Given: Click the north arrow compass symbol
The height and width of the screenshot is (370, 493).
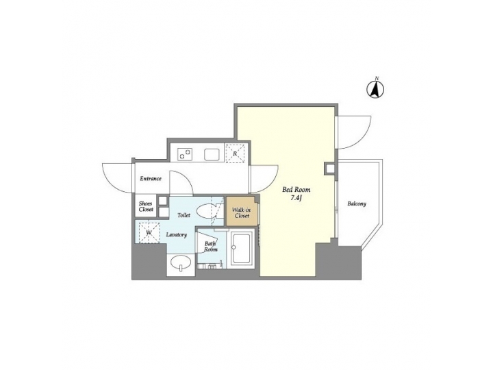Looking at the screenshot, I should click(376, 88).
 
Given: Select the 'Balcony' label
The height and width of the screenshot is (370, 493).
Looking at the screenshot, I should click(356, 203).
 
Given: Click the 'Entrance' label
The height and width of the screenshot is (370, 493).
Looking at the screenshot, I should click(151, 179).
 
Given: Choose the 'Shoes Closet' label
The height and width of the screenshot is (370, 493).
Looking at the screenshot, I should click(146, 206).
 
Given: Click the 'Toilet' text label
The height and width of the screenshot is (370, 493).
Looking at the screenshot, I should click(184, 215).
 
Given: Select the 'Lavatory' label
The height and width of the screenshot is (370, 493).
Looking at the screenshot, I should click(177, 235).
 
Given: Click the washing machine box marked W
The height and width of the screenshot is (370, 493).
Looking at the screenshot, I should click(149, 232).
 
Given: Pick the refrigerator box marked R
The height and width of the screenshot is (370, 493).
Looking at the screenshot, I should click(235, 153).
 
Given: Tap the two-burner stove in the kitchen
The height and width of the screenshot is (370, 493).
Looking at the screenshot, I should click(186, 153).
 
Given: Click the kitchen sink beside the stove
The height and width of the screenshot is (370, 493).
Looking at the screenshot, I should click(212, 154).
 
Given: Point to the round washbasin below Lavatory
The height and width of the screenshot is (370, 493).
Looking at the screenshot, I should click(181, 263).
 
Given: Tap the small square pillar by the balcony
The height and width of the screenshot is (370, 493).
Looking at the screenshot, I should click(331, 167).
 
